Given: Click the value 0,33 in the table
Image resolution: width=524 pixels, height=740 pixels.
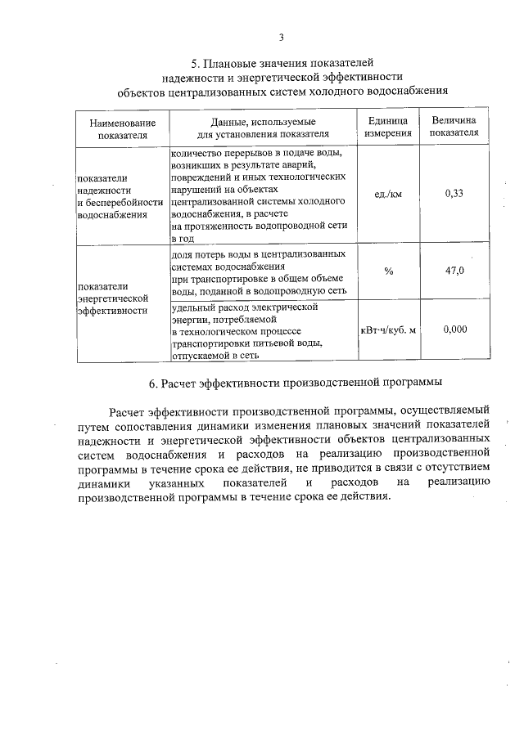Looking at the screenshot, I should (x=454, y=194).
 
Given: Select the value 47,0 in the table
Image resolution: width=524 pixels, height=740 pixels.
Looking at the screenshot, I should (x=454, y=271).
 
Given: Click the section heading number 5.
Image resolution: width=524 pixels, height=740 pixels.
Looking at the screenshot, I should (x=195, y=62).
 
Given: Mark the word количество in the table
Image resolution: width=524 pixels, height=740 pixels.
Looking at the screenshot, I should (x=200, y=152).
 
